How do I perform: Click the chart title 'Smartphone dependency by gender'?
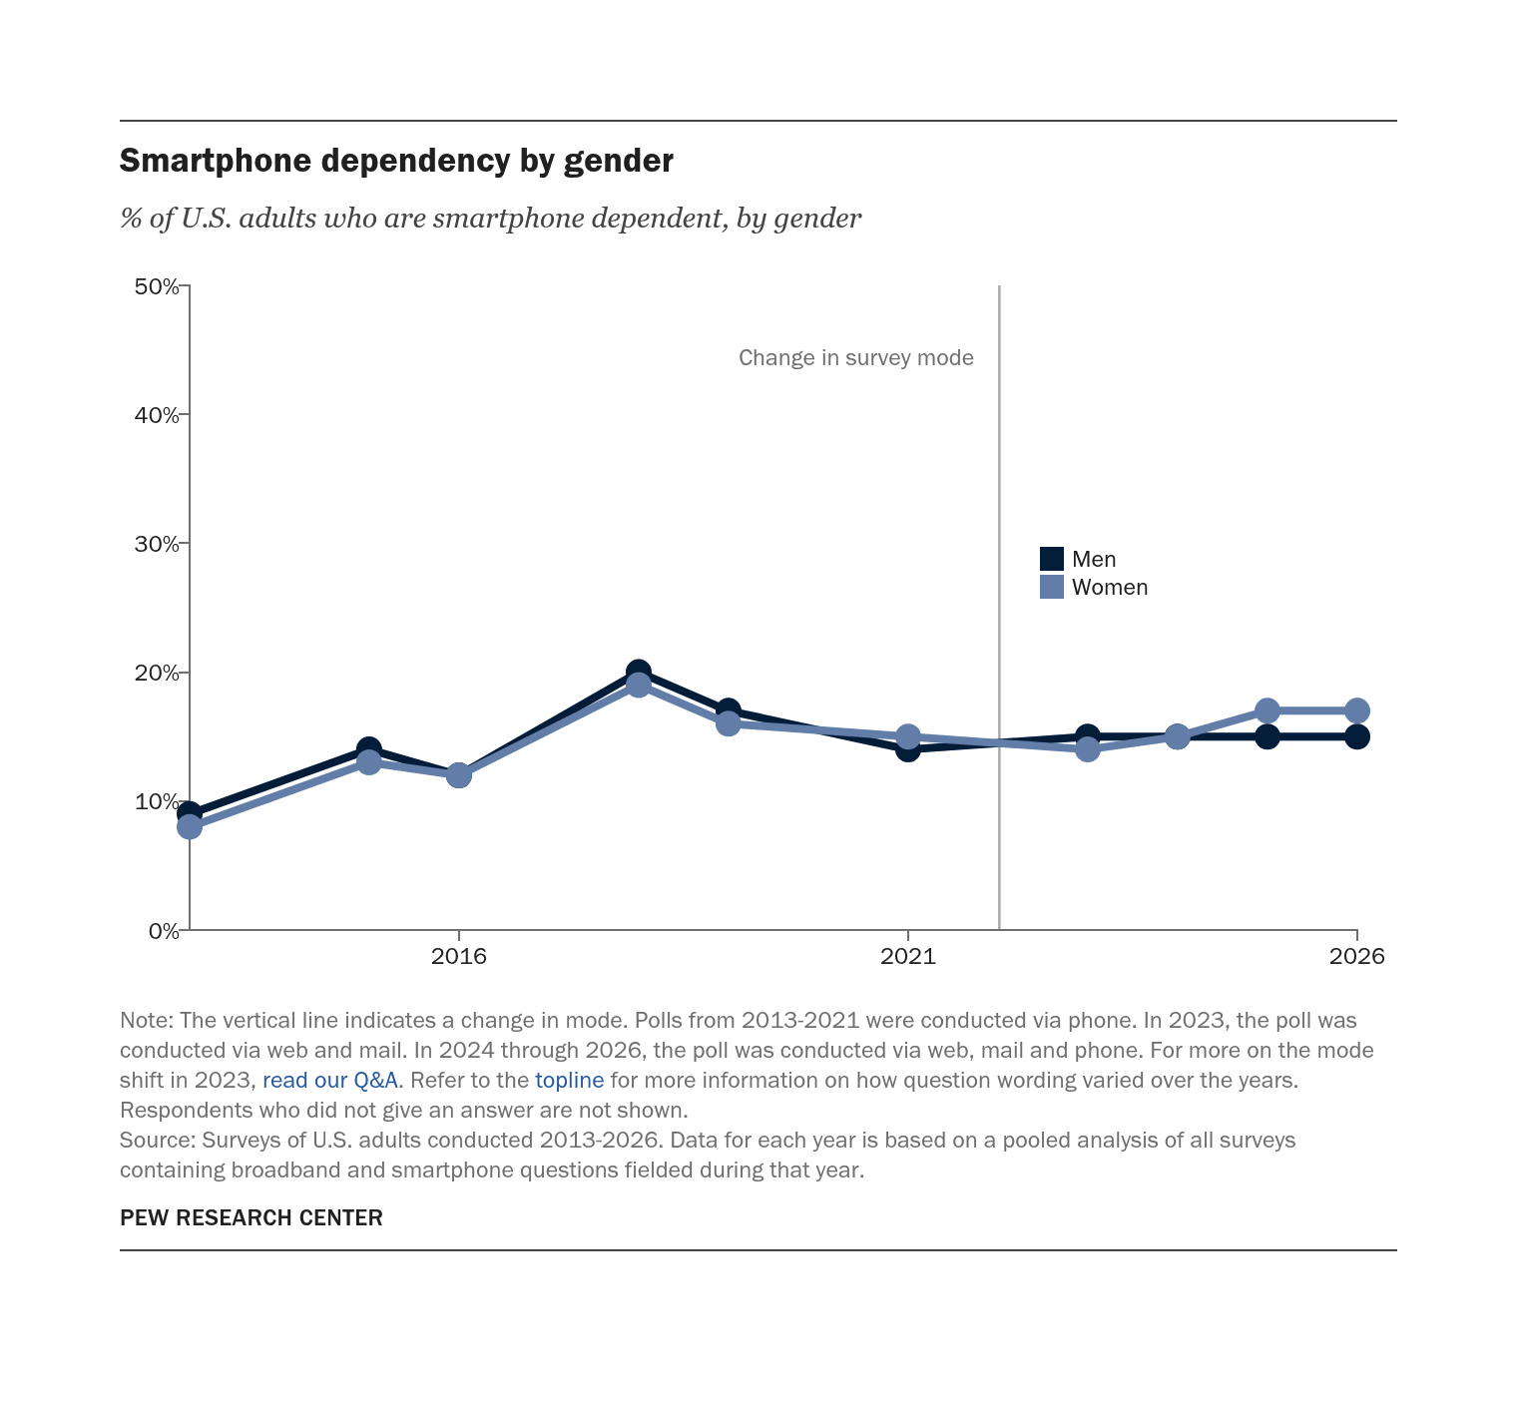click(396, 161)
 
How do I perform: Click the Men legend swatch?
click(1052, 559)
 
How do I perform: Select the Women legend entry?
click(1094, 587)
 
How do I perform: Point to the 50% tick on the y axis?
click(184, 286)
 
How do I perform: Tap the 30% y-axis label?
click(157, 544)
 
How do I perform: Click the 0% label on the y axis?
click(164, 931)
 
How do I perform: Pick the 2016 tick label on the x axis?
click(458, 956)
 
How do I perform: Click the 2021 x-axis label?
click(908, 956)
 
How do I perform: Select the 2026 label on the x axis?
click(1357, 956)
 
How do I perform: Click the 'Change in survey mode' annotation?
click(856, 358)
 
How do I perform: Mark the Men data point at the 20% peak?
click(639, 672)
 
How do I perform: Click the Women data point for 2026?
click(1357, 710)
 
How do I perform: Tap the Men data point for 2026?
click(1357, 736)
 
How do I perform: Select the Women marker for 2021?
click(908, 736)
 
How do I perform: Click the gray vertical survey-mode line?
click(999, 608)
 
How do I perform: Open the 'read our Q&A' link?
click(330, 1080)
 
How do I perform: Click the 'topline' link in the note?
click(570, 1080)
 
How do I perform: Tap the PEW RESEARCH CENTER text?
click(252, 1217)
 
